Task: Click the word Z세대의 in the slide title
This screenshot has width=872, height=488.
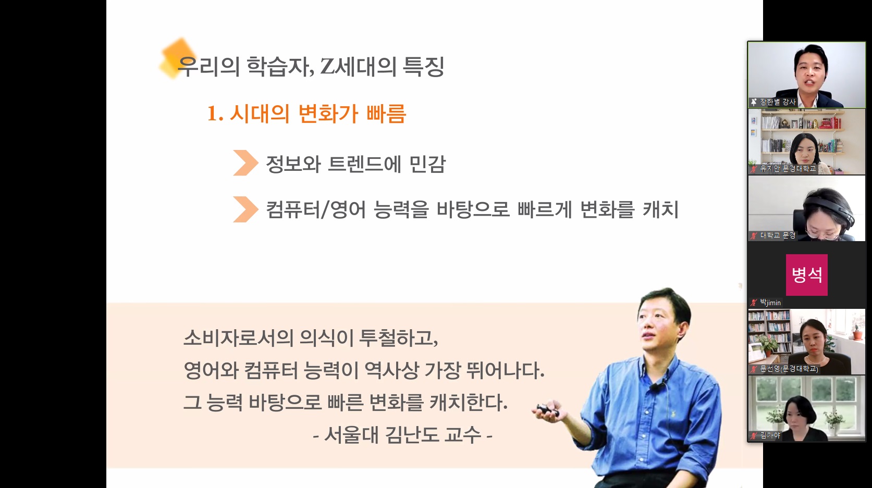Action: (x=358, y=66)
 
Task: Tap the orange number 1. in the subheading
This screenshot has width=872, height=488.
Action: (x=215, y=114)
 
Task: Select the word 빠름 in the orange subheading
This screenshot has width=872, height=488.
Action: (x=386, y=114)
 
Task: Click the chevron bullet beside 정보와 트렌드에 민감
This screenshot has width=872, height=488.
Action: (x=245, y=163)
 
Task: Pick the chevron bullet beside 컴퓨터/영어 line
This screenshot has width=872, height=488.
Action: (x=245, y=209)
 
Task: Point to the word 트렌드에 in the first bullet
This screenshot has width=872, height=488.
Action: (x=365, y=164)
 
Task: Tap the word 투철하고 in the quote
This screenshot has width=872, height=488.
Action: (x=398, y=337)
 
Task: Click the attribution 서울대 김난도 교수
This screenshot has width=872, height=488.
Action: (x=402, y=434)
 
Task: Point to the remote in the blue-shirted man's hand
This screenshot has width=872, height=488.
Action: (x=548, y=410)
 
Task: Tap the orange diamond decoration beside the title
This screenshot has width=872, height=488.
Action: (x=177, y=57)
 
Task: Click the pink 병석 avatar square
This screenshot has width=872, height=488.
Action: (x=807, y=275)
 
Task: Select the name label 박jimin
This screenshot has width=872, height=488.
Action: (x=770, y=303)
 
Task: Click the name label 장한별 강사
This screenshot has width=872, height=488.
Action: (x=778, y=102)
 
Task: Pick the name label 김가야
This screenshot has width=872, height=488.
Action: (x=770, y=435)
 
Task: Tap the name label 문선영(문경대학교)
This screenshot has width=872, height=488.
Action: (x=789, y=369)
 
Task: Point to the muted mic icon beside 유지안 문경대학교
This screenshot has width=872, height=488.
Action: (x=754, y=169)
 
